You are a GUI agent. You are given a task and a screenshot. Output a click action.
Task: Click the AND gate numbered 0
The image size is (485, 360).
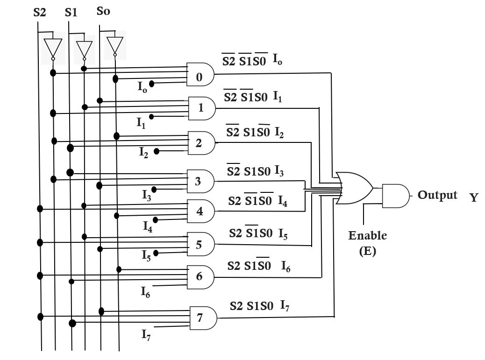[200, 75]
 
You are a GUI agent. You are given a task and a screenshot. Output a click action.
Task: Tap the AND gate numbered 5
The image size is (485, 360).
[200, 244]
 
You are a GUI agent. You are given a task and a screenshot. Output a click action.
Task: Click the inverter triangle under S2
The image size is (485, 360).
[53, 48]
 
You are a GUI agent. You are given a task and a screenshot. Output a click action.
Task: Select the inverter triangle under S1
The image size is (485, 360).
[84, 49]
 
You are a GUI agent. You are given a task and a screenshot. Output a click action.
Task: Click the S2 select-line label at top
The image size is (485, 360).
[40, 13]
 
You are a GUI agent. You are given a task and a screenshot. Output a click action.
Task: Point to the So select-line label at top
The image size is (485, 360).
[103, 11]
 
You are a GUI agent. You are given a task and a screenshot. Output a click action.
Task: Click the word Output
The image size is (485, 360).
[437, 195]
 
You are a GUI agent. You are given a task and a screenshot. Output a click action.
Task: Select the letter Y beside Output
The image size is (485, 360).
[474, 198]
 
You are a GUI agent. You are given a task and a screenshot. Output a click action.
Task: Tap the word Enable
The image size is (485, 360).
[368, 235]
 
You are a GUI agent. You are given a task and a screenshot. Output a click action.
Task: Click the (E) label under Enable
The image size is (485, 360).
[367, 251]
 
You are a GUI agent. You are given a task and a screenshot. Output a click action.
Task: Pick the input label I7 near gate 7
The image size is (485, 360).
[147, 334]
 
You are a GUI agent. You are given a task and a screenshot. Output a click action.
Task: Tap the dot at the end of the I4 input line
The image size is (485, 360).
[156, 219]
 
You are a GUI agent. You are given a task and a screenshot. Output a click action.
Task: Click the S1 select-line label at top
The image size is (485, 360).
[71, 13]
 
